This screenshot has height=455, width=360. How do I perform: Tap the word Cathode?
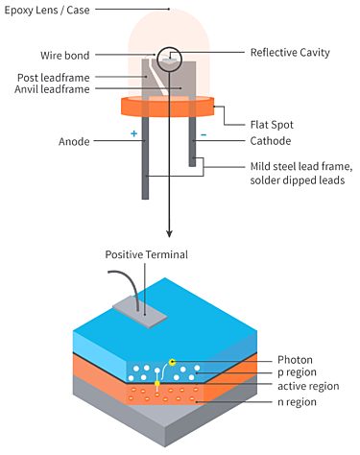coord(271,142)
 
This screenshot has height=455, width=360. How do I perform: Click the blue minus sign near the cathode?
coord(203,135)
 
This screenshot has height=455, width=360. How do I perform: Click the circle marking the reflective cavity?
coord(170,60)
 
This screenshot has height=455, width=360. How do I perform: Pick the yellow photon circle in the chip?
coord(172,362)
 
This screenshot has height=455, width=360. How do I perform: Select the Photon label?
coord(296,360)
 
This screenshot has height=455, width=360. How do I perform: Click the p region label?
coord(299,373)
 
